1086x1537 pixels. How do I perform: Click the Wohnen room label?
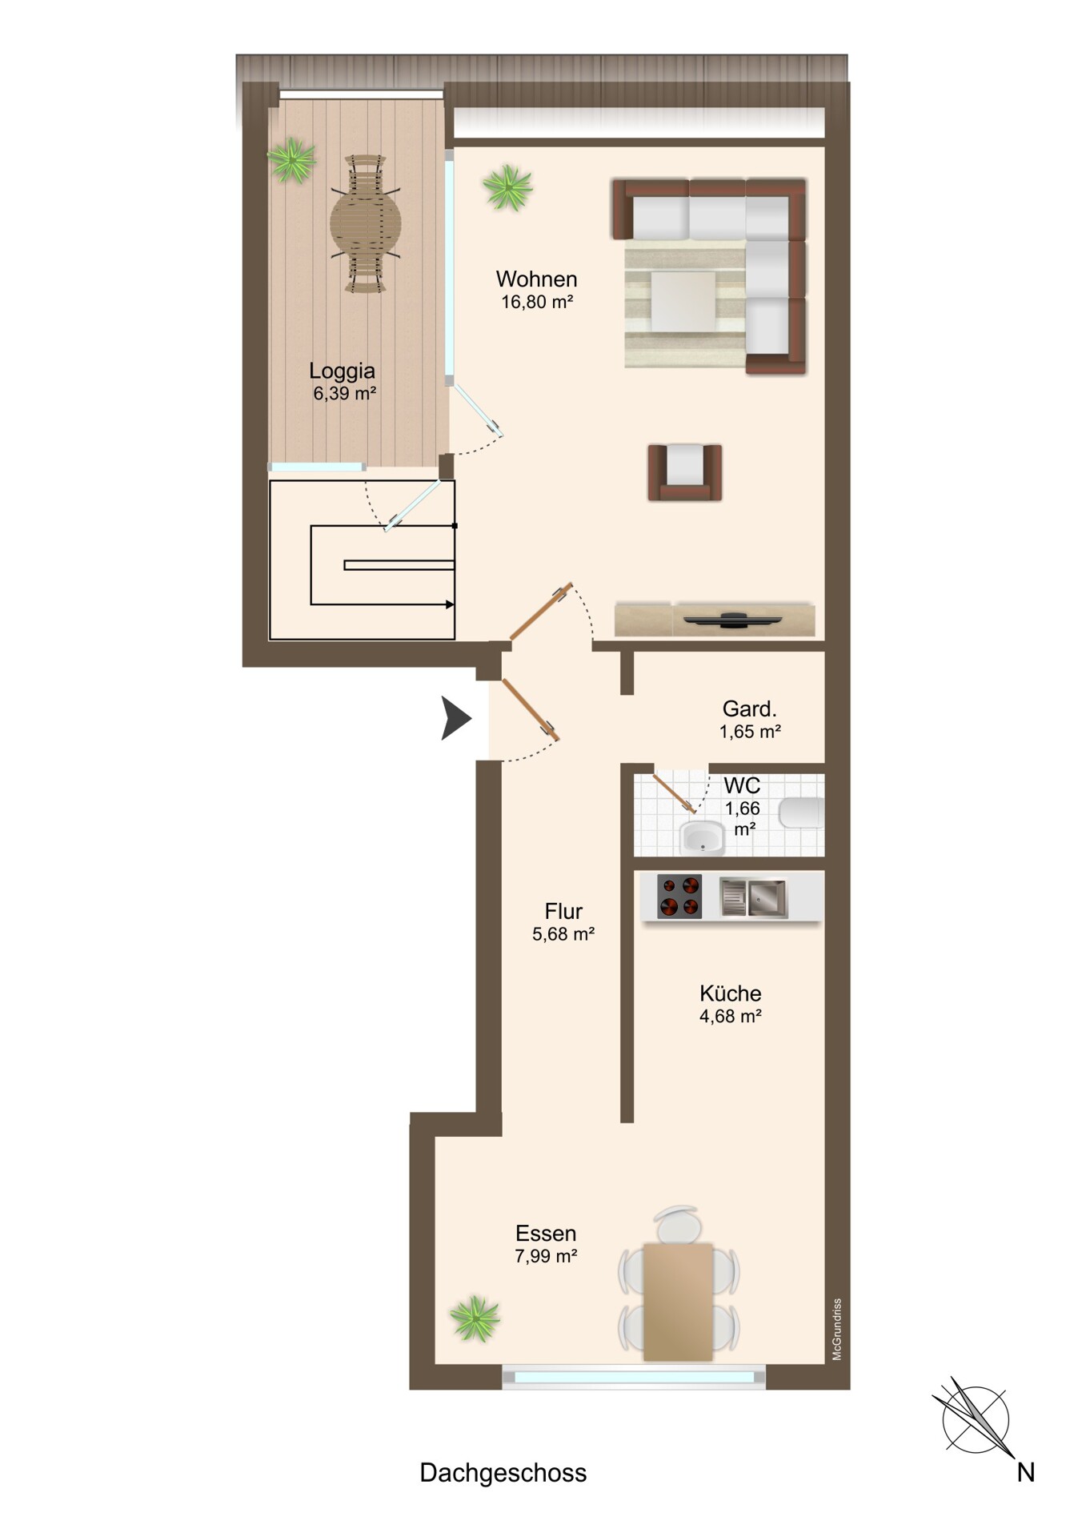536,279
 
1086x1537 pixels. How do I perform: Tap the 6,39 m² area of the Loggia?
344,393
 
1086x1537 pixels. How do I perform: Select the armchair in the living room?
685,472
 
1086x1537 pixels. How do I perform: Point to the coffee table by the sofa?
683,302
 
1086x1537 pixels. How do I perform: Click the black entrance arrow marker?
456,717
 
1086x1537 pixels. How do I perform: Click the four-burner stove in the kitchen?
679,896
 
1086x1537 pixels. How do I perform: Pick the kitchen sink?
753,897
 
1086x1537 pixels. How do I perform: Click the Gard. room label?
749,709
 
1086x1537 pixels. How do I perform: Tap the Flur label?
563,912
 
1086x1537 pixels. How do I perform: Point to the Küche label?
730,993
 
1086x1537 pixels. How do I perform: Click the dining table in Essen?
678,1301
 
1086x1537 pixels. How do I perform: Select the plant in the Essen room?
475,1318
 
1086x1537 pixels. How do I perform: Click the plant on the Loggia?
291,161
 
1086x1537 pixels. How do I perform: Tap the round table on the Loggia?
366,223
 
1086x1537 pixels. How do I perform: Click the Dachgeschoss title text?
503,1473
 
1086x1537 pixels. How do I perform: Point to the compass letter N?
1026,1472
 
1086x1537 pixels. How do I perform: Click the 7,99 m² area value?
546,1256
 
